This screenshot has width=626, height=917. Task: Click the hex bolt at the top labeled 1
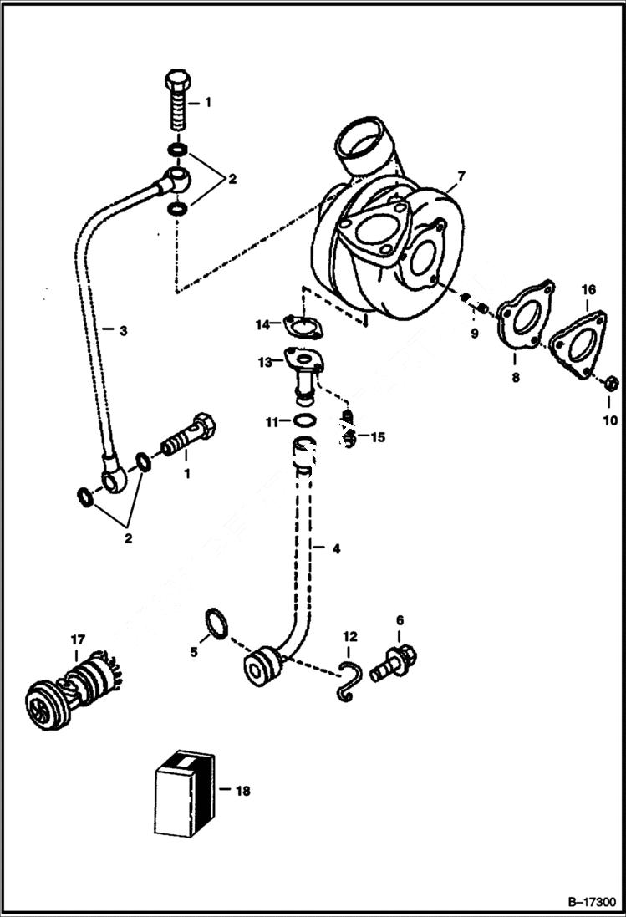pyautogui.click(x=176, y=101)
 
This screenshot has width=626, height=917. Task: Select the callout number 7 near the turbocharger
pyautogui.click(x=461, y=176)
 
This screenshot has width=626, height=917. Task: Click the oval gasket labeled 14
pyautogui.click(x=299, y=324)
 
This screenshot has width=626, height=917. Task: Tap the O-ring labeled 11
pyautogui.click(x=305, y=421)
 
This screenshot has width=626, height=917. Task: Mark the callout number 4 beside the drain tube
pyautogui.click(x=336, y=549)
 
